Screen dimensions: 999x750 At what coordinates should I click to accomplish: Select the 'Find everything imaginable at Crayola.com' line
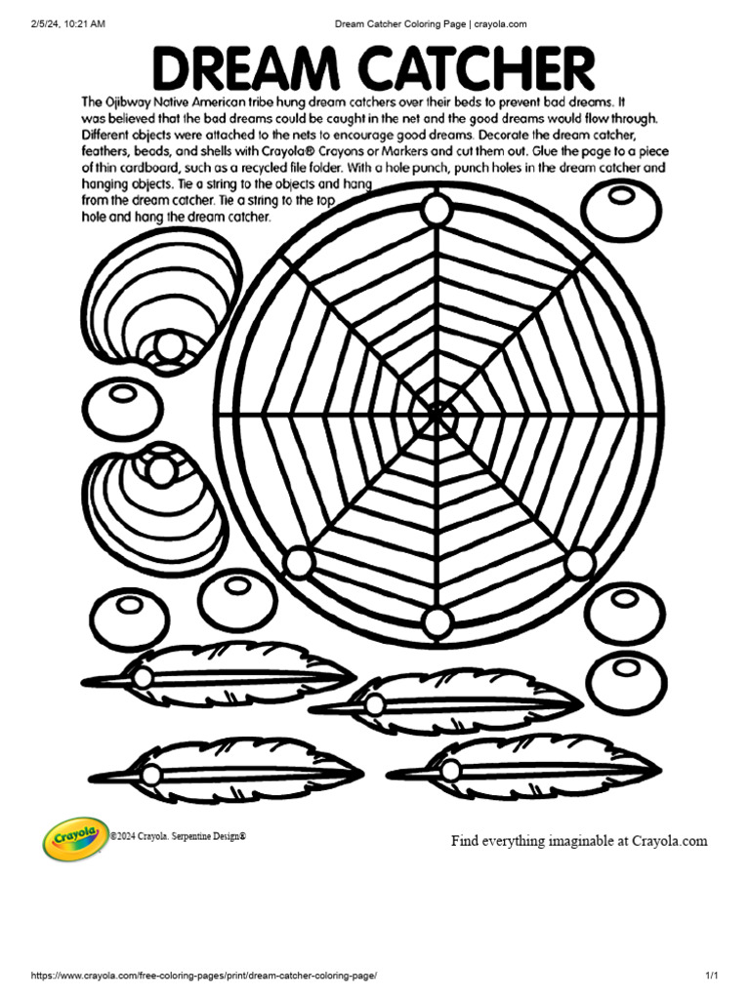(x=578, y=841)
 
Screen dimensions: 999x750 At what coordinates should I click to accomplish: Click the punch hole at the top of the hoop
(x=436, y=210)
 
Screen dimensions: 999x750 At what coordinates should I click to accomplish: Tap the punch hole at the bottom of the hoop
(x=437, y=620)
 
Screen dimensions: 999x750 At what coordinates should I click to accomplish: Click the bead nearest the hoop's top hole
(x=619, y=209)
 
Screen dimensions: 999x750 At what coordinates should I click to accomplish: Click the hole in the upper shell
(x=170, y=347)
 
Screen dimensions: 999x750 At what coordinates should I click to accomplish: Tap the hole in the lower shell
(x=159, y=470)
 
